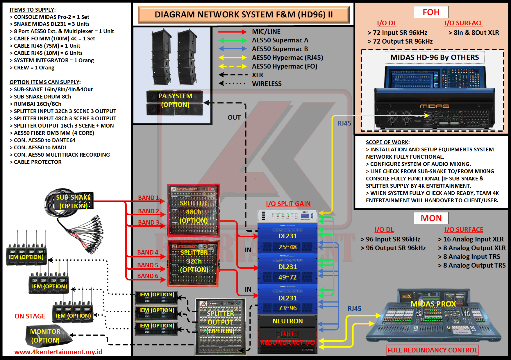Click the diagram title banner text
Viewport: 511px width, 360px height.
point(244,15)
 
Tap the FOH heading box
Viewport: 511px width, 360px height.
point(431,12)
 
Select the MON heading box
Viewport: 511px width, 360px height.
point(431,218)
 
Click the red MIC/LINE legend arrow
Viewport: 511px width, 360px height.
point(232,32)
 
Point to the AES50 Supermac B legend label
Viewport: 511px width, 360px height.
point(280,49)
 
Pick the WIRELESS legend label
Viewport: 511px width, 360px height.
point(267,84)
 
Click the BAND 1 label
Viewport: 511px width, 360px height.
point(148,198)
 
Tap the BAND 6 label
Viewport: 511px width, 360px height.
point(148,276)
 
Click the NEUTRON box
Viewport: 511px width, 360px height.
point(287,321)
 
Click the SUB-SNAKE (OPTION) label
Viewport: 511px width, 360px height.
point(73,202)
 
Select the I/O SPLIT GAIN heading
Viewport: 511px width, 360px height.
point(288,204)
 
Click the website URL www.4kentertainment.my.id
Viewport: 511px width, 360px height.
point(58,352)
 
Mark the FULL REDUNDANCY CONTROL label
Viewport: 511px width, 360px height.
point(433,350)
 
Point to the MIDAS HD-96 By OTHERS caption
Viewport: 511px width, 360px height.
point(434,57)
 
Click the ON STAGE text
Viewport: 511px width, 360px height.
point(30,316)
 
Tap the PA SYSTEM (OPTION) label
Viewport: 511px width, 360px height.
point(175,100)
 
